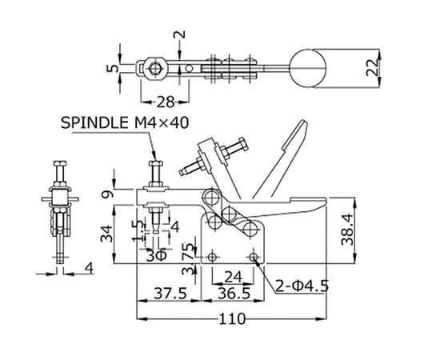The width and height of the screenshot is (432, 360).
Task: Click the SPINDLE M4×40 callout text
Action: point(125,123)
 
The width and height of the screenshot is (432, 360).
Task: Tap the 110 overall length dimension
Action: point(232,319)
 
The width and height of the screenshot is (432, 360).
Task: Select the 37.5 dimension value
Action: point(170,294)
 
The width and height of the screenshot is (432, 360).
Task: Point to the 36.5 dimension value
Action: point(234,294)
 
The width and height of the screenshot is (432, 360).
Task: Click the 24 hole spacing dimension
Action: point(233,277)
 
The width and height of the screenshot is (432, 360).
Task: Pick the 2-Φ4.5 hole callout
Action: point(302,286)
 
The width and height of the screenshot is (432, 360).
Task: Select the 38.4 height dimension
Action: point(347,229)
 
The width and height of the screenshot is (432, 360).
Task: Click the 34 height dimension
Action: point(106,234)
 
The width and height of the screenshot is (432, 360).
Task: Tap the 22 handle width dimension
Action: point(373,67)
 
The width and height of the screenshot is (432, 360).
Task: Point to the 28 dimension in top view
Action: point(166,102)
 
